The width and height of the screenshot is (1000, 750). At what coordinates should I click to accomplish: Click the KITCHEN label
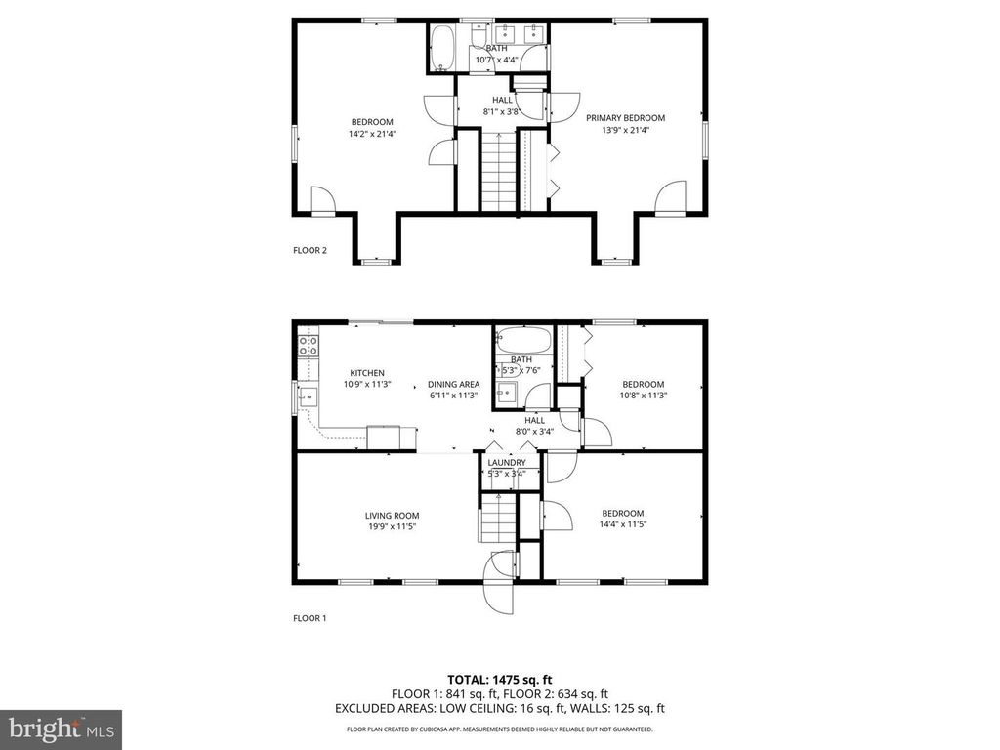(x=367, y=372)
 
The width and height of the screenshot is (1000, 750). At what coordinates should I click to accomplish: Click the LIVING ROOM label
(x=392, y=515)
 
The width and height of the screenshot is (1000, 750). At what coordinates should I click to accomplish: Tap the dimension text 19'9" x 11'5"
(x=392, y=525)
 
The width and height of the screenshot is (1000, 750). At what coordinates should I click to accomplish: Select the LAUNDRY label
(x=507, y=462)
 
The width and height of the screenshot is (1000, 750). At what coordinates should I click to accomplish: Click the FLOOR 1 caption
(x=311, y=618)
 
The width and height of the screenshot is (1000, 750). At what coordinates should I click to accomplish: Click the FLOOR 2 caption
(x=311, y=250)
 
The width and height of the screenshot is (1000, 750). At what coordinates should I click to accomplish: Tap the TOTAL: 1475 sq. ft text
(x=499, y=679)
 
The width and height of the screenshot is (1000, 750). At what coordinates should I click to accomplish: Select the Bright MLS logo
(x=61, y=728)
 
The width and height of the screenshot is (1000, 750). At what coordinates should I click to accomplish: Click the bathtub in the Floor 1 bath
(x=522, y=342)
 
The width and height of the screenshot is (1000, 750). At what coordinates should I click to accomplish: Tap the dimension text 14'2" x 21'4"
(x=372, y=134)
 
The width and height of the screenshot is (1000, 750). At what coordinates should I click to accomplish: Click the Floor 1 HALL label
(x=535, y=420)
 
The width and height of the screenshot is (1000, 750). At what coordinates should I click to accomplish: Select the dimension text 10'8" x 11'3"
(x=643, y=395)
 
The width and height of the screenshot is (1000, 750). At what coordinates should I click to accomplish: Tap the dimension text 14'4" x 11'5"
(x=623, y=524)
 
